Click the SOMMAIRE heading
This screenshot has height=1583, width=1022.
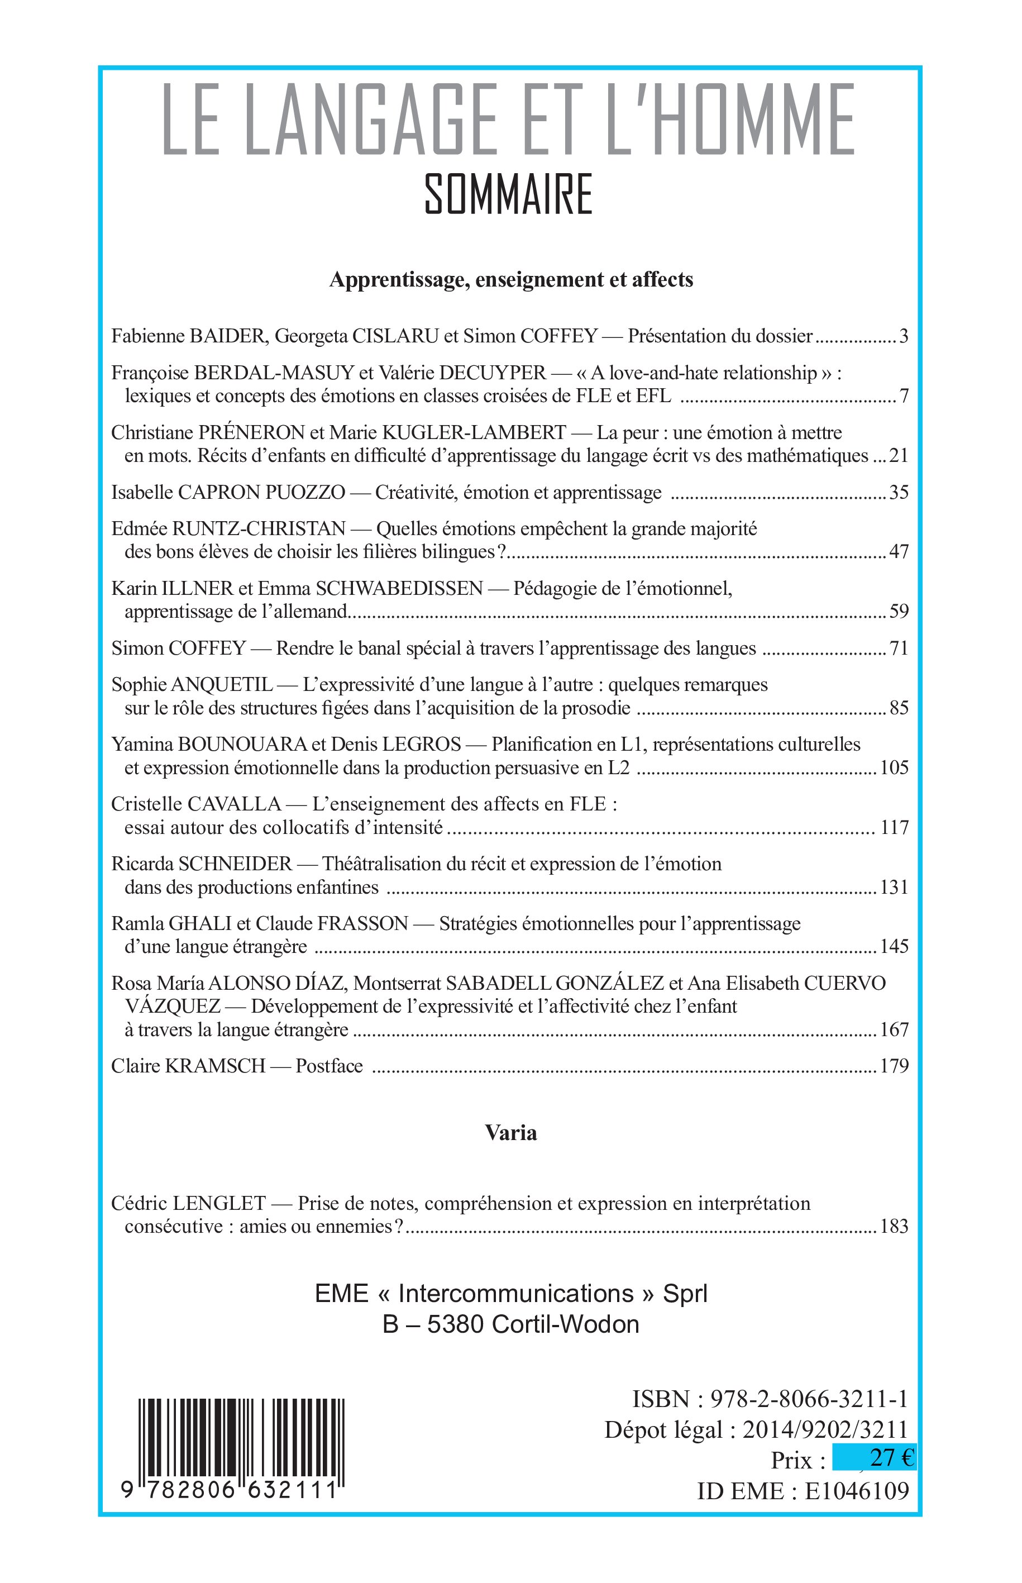pos(508,194)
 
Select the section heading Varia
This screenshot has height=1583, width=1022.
pos(510,1132)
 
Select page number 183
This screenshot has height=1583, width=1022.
pos(894,1226)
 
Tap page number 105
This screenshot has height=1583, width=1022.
pos(894,767)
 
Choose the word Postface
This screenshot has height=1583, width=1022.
pos(329,1065)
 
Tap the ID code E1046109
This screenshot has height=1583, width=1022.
pos(856,1491)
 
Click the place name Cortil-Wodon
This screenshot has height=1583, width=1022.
pos(565,1324)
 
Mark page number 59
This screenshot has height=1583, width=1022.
pos(899,611)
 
